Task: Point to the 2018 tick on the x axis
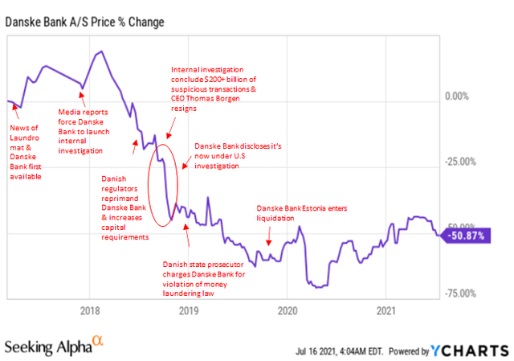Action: pos(89,310)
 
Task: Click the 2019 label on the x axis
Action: pos(188,310)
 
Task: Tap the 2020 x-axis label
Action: pos(287,310)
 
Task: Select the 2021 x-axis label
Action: pos(386,310)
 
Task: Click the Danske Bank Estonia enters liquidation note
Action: pos(308,212)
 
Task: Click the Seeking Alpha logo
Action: pos(61,347)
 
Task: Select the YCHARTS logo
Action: pos(479,350)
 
